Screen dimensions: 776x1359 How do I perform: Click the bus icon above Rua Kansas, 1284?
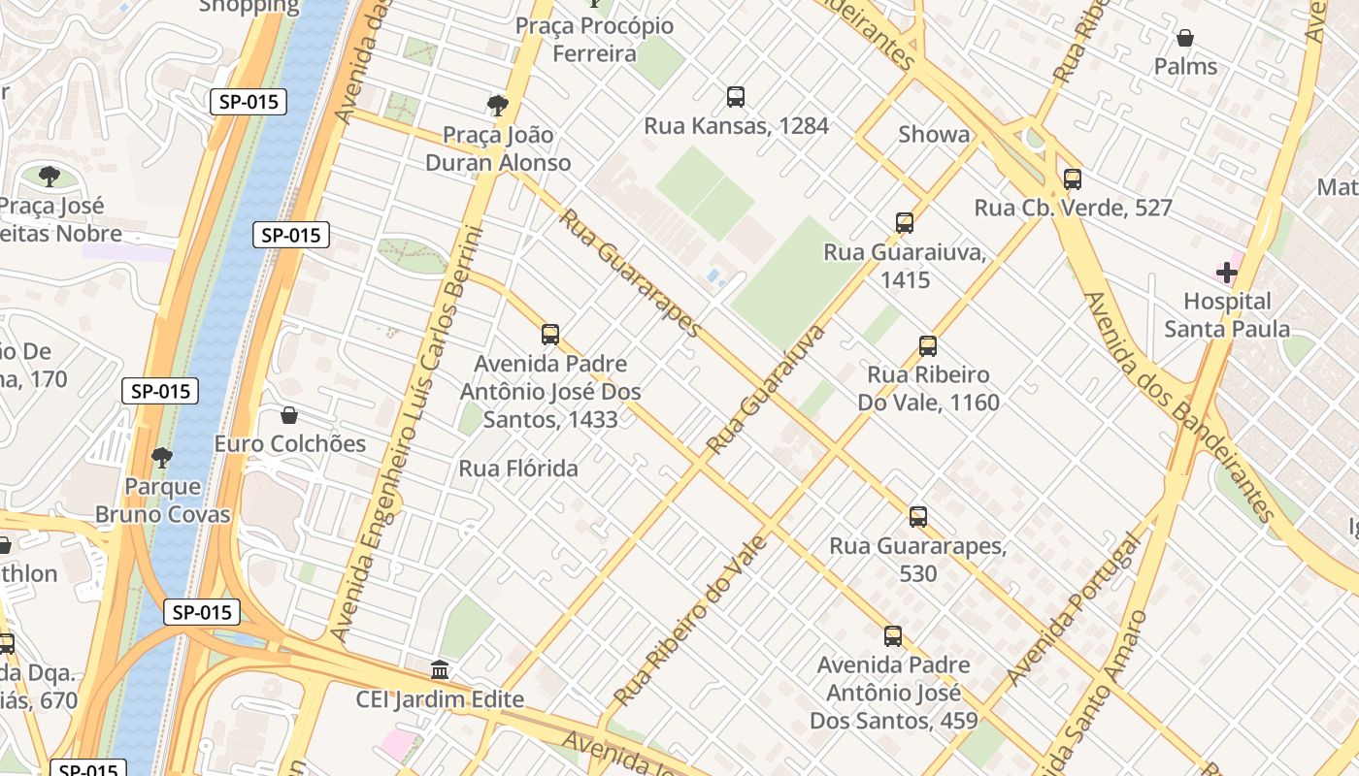click(x=736, y=97)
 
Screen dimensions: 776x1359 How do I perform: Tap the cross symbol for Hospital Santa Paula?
click(x=1227, y=273)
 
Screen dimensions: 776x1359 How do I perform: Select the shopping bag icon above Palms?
click(x=1184, y=39)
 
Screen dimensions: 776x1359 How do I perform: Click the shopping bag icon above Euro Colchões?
click(x=288, y=416)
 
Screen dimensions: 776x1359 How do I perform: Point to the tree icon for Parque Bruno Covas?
click(x=162, y=457)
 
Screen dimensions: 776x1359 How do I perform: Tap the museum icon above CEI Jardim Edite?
click(x=440, y=670)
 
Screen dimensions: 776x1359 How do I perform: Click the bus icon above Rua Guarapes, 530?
click(x=918, y=517)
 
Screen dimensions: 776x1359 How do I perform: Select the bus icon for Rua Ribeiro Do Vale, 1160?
click(x=928, y=346)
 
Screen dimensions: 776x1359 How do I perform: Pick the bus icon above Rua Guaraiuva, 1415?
click(x=905, y=223)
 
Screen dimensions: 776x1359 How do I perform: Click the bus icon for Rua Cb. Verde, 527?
click(x=1073, y=179)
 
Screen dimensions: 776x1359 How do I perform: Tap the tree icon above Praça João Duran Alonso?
click(x=498, y=105)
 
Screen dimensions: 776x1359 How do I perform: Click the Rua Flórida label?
click(x=518, y=469)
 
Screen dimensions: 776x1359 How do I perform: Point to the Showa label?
click(x=934, y=135)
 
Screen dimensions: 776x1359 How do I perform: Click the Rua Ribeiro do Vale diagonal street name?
click(x=690, y=621)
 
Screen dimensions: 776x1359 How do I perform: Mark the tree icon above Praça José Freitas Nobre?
click(x=50, y=177)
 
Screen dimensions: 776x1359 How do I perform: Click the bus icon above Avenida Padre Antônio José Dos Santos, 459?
click(x=893, y=637)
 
